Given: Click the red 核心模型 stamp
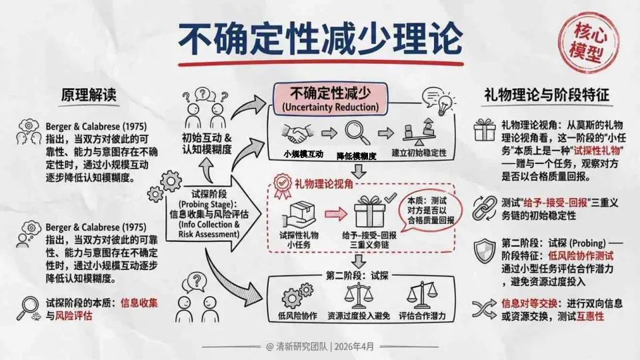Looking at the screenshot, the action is point(588,43).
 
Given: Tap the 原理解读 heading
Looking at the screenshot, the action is point(89,95).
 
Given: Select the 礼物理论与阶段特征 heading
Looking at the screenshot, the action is point(547,95).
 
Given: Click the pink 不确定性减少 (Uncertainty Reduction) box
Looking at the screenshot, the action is point(330,99).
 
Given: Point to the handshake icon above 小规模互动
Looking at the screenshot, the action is point(297,133).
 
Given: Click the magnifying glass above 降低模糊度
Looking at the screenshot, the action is point(357,133).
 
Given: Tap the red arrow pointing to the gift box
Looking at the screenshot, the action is point(335,214).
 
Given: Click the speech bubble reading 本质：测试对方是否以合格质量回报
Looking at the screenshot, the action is point(431,210).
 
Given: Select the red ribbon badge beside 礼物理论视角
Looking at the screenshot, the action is point(283,186).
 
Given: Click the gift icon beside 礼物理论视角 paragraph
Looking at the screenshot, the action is point(485,130).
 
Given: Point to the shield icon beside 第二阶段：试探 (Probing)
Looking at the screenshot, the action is point(485,251).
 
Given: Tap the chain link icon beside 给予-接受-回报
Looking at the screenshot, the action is point(485,208).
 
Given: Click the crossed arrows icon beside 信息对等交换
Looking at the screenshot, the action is point(485,309).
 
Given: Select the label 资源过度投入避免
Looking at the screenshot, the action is point(359,315).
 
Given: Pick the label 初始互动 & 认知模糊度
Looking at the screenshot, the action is point(207,144).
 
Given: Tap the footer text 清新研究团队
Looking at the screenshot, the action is point(301,347).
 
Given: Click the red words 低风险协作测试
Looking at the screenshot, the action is point(581,256).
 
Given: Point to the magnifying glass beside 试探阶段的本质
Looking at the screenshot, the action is point(28,308).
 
